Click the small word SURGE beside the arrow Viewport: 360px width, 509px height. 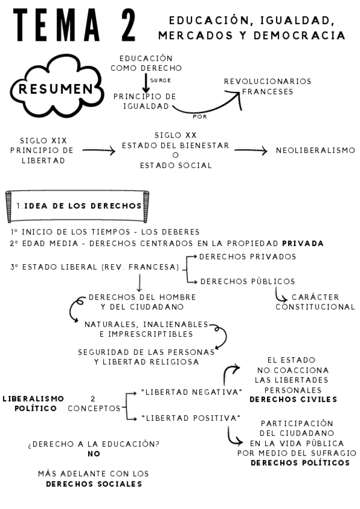(156, 79)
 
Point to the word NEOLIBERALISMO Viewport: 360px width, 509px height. (316, 150)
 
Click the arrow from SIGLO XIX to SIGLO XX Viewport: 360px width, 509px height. (98, 151)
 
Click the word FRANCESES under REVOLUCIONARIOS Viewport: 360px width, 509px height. (268, 92)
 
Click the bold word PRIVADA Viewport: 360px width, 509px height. (303, 243)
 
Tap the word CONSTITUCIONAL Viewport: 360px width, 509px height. (315, 307)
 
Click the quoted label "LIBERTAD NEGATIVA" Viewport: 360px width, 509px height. (190, 391)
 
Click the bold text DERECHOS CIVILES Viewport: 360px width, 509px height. (293, 399)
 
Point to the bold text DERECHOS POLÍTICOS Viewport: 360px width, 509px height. (299, 463)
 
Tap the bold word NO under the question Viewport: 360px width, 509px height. (94, 454)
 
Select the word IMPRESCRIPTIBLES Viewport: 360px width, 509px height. (146, 333)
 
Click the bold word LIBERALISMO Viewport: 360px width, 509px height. (34, 398)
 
